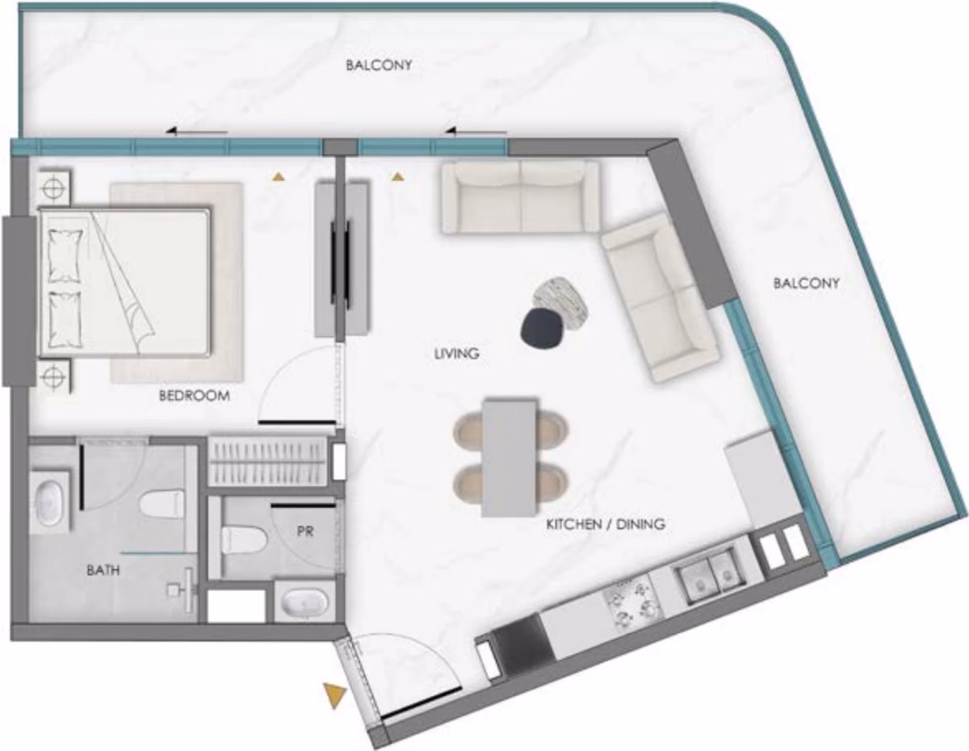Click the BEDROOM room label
195,396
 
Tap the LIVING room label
456,354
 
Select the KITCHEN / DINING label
606,524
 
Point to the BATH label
103,570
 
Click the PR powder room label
305,531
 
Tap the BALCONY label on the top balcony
379,65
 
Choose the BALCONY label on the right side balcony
806,283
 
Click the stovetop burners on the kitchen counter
633,602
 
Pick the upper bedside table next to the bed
53,187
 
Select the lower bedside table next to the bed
54,376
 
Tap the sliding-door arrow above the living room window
476,131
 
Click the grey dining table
510,458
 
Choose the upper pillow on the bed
65,255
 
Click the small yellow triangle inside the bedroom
279,177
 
